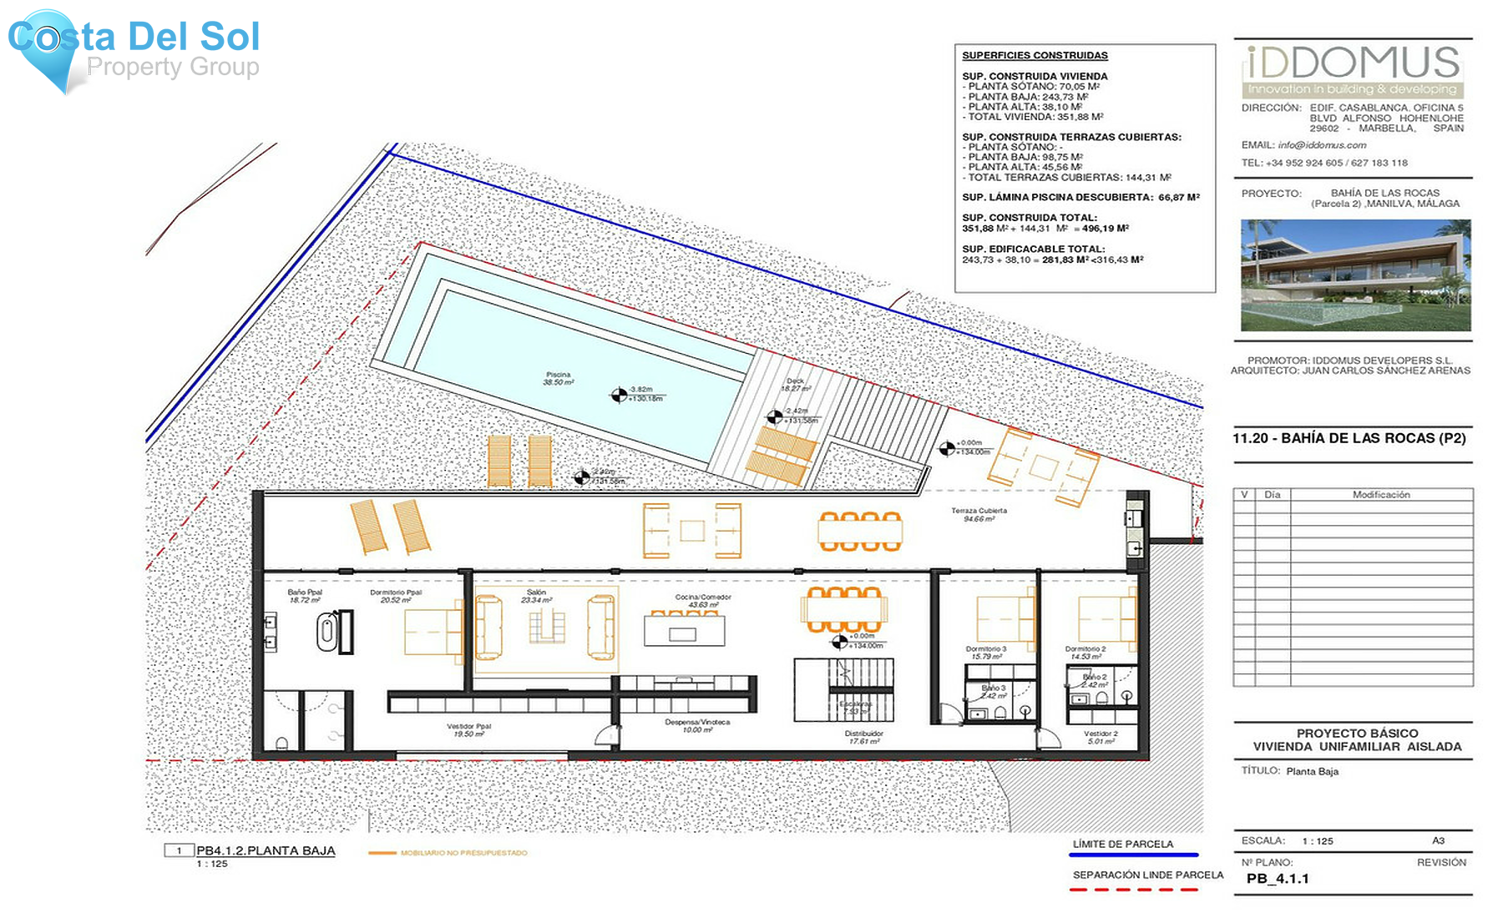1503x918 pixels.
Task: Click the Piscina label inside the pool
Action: (559, 378)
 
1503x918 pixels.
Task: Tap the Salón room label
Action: (536, 596)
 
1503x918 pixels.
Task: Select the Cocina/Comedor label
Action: (703, 600)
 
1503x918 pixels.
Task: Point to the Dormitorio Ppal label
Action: (396, 596)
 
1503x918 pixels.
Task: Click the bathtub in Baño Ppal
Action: (327, 633)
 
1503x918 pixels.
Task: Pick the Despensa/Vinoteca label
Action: (697, 725)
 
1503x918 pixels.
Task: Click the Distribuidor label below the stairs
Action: (863, 737)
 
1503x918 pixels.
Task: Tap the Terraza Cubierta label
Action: (979, 514)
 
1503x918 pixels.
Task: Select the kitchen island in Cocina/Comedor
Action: (684, 632)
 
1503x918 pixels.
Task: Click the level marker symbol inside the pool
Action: (619, 396)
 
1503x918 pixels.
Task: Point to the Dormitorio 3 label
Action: (986, 652)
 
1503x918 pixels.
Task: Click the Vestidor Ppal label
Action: (468, 729)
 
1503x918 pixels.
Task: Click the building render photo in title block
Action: (1355, 275)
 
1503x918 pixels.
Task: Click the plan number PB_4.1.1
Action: (1278, 879)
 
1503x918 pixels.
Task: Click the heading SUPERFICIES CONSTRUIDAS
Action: (1035, 56)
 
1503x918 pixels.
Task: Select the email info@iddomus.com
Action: (1322, 145)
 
